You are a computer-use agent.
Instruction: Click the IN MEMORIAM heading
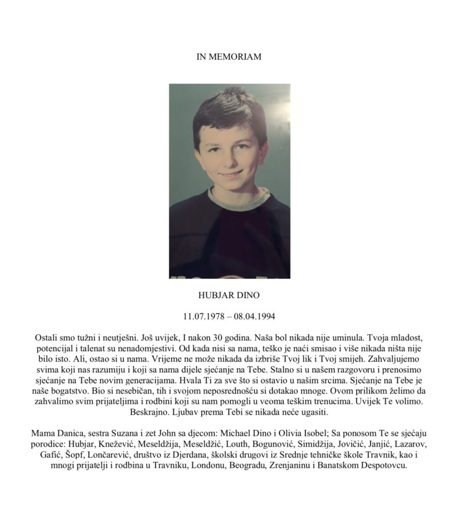[x=229, y=57]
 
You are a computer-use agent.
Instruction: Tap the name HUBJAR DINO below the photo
[x=229, y=296]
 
